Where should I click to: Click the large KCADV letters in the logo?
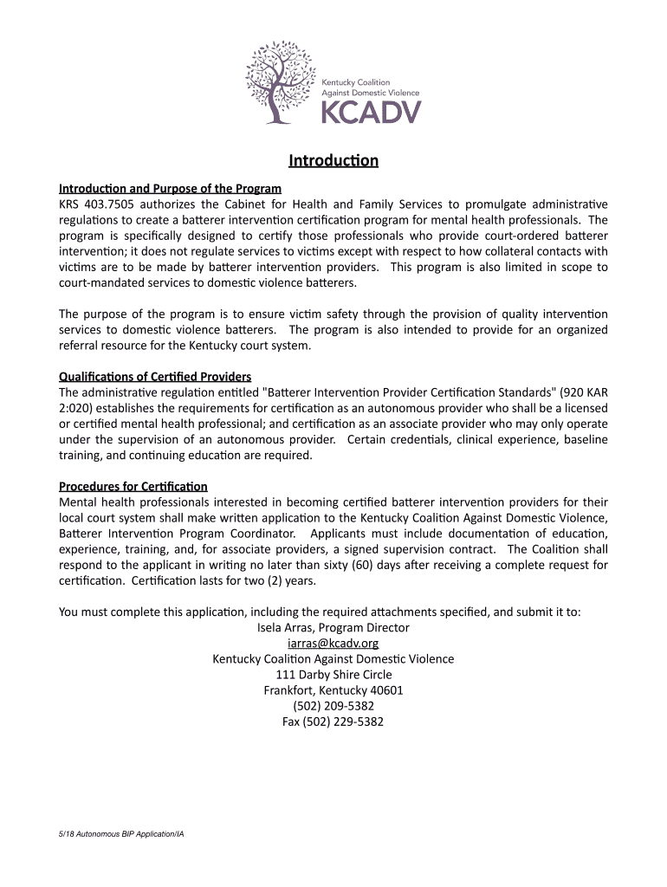click(x=372, y=111)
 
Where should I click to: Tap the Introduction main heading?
click(x=333, y=161)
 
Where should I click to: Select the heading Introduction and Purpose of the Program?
click(x=170, y=189)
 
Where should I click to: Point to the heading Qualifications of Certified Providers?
click(x=155, y=377)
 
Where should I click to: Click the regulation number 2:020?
click(x=76, y=408)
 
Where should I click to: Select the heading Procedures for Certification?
click(x=133, y=486)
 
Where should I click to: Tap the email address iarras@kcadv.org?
click(x=333, y=644)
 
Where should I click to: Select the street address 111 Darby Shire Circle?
click(x=333, y=675)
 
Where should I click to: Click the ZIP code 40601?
click(x=385, y=690)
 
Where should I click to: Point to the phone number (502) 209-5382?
click(x=333, y=706)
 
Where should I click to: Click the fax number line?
click(x=333, y=722)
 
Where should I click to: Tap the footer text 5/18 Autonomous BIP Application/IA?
click(x=121, y=834)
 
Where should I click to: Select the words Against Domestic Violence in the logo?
click(x=371, y=93)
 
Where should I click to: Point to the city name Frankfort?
click(x=288, y=690)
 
